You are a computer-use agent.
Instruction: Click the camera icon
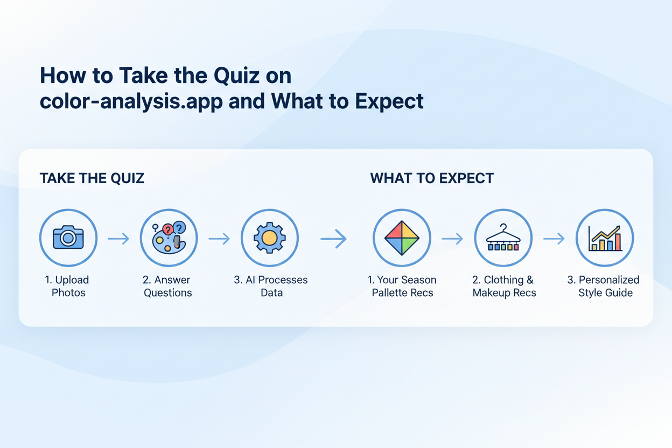click(x=68, y=238)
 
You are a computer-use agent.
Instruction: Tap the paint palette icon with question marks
click(x=169, y=238)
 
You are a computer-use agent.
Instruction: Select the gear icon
click(x=269, y=238)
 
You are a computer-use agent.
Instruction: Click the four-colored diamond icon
click(x=402, y=238)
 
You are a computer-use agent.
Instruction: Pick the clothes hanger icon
click(x=503, y=238)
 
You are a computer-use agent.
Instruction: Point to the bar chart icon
click(x=605, y=238)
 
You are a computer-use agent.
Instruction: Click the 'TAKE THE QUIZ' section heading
click(x=92, y=178)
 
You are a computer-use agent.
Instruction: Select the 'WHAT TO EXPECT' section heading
click(x=432, y=178)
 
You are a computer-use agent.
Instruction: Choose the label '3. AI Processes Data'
click(x=271, y=286)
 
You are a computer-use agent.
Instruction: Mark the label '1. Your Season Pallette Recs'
click(x=402, y=286)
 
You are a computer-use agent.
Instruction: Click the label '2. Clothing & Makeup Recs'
click(x=504, y=286)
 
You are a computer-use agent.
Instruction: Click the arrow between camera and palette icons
click(x=118, y=239)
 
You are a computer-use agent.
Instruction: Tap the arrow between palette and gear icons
click(x=219, y=239)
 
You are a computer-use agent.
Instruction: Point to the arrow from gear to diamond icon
click(x=334, y=239)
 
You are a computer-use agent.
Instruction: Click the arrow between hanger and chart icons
click(x=554, y=239)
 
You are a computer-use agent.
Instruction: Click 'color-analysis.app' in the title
click(x=131, y=101)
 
